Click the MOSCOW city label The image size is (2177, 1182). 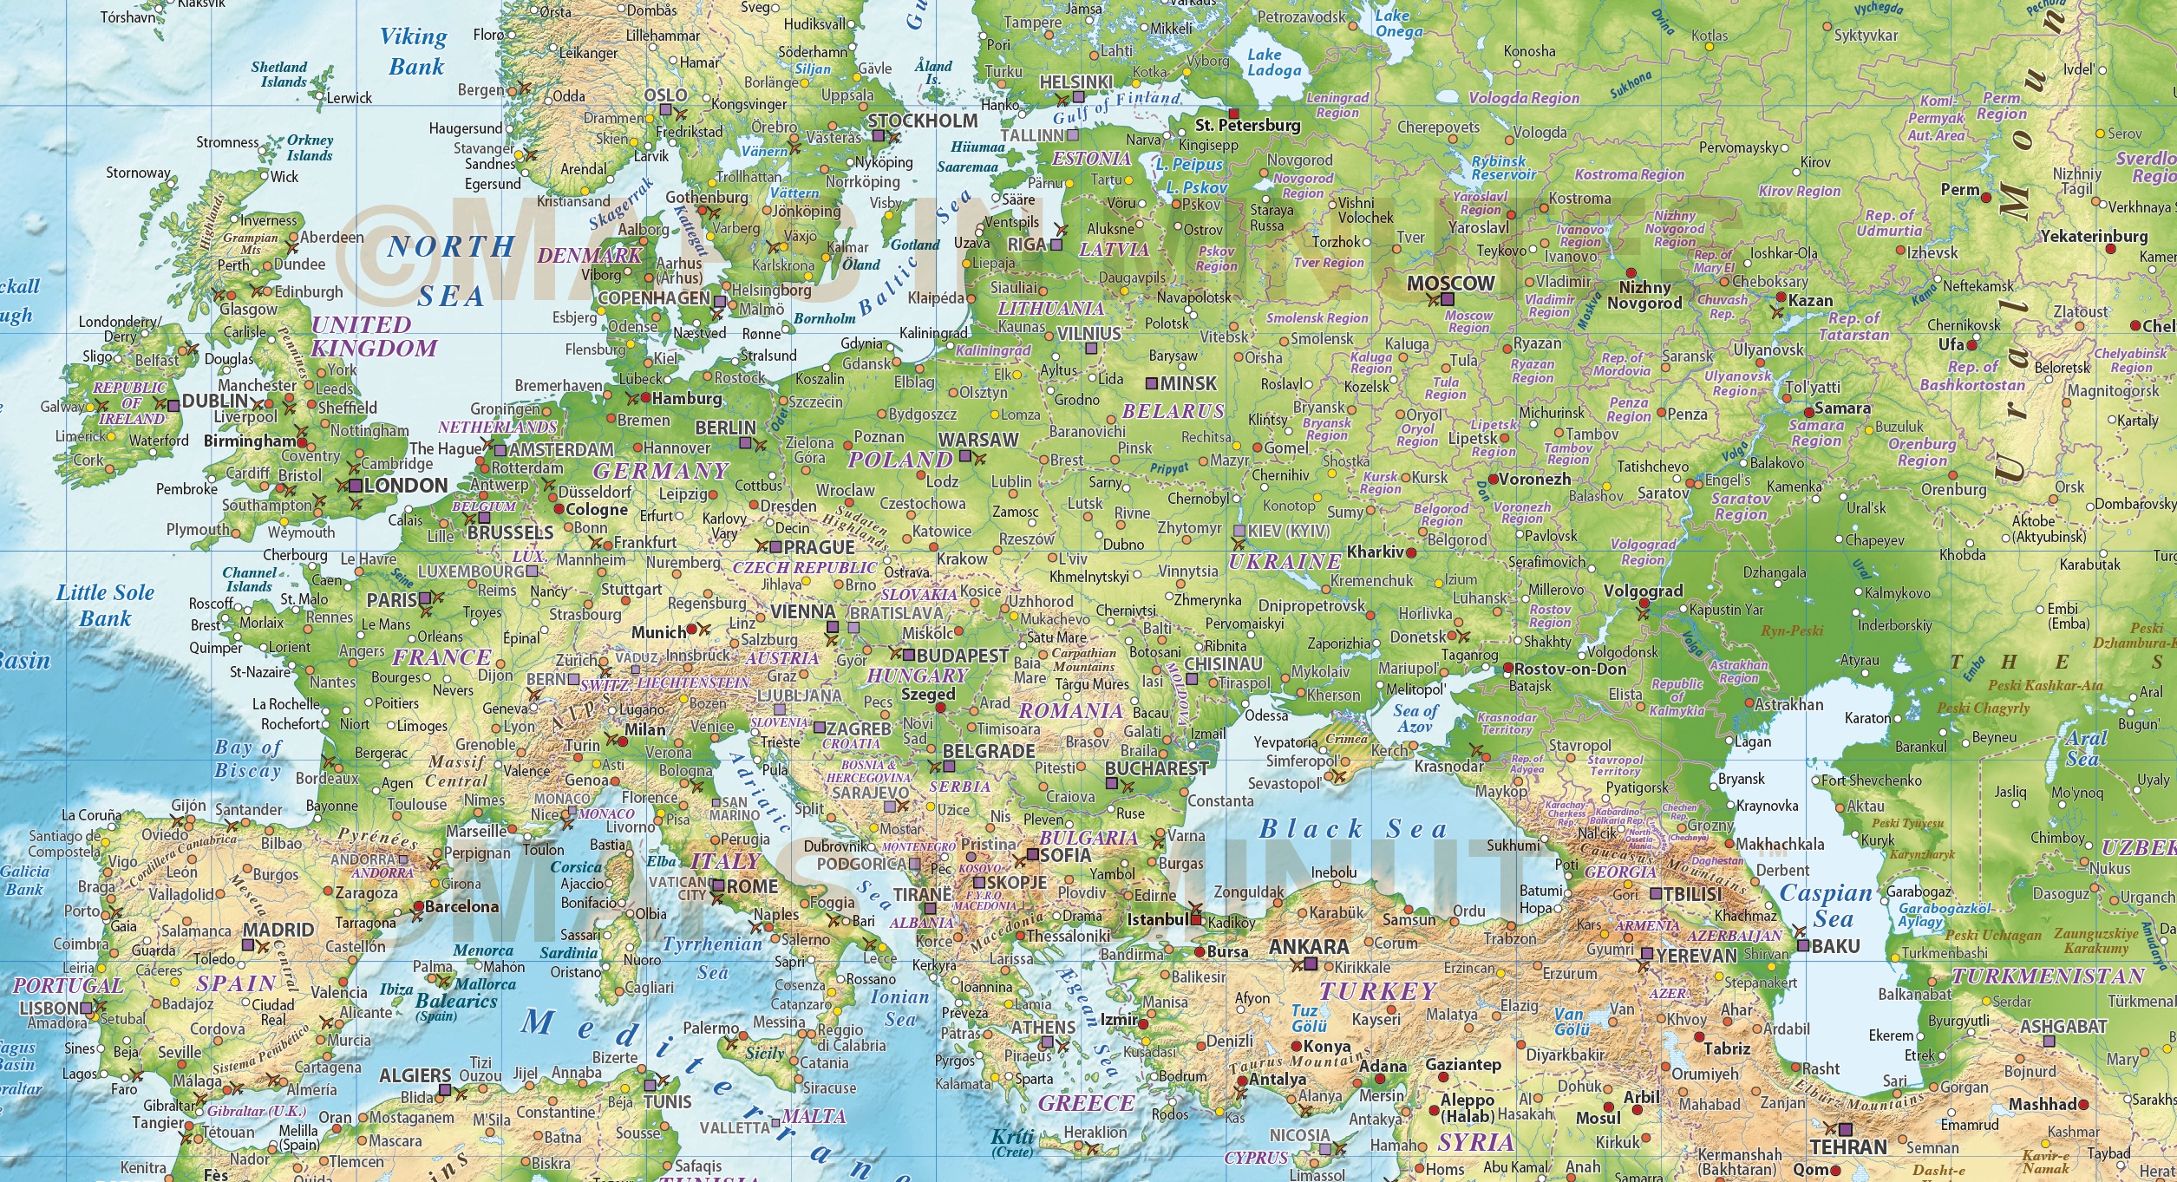1450,283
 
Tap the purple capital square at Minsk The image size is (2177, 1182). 1152,383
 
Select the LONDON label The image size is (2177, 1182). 405,486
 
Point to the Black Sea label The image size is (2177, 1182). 1353,829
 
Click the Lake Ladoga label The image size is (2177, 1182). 1273,62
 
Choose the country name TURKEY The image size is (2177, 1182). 1378,991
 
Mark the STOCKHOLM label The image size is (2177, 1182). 922,121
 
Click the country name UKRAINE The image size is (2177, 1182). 1285,562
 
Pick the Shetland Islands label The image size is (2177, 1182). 279,75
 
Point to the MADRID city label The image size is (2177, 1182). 278,930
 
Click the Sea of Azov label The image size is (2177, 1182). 1415,719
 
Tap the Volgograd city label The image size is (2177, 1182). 1643,591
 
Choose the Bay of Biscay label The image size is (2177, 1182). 248,759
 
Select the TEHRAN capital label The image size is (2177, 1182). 1847,1146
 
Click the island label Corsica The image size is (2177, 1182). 576,867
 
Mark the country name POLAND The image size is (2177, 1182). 899,460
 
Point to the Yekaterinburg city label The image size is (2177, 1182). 2094,236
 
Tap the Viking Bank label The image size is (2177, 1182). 414,51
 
